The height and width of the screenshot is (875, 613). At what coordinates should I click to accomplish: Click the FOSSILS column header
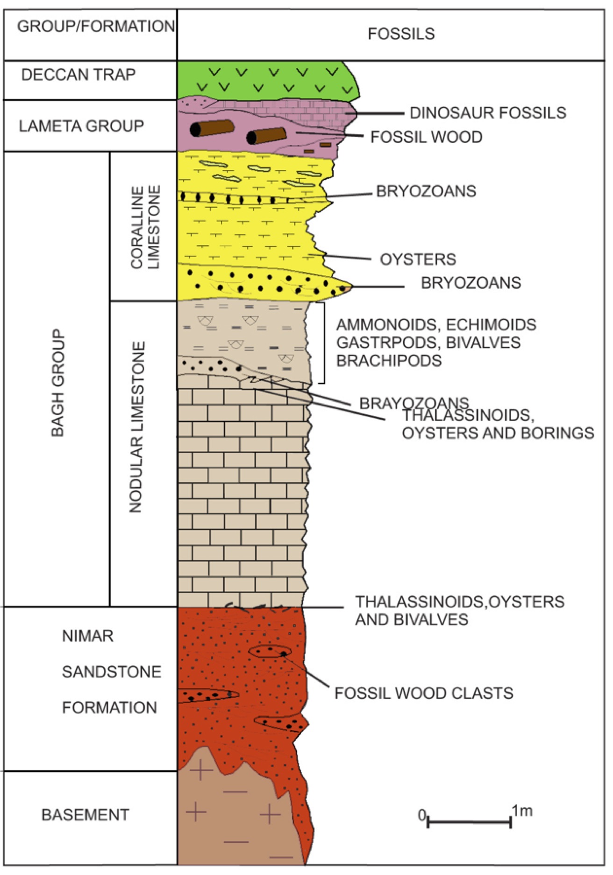[x=401, y=34]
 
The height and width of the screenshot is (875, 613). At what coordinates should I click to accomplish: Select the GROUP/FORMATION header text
[x=96, y=26]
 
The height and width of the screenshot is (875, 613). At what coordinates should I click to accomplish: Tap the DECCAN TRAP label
[x=78, y=75]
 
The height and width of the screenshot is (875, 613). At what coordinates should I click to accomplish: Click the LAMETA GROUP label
[x=81, y=126]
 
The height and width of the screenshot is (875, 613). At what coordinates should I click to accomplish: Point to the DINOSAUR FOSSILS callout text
[x=487, y=112]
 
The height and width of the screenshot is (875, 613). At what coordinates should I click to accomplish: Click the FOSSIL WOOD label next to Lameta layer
[x=426, y=137]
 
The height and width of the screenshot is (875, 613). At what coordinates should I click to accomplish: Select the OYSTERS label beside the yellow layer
[x=418, y=259]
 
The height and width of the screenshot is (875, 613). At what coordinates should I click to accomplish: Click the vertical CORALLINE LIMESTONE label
[x=145, y=227]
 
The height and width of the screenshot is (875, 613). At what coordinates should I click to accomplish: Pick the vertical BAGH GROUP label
[x=57, y=383]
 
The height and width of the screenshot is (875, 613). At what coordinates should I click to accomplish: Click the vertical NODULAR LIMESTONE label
[x=136, y=427]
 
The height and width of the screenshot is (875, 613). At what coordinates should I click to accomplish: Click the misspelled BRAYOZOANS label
[x=413, y=403]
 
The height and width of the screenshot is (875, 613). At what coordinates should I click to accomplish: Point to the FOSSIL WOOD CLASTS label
[x=424, y=693]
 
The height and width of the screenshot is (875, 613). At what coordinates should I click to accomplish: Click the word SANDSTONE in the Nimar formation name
[x=112, y=672]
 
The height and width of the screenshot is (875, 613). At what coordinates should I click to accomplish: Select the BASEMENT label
[x=85, y=814]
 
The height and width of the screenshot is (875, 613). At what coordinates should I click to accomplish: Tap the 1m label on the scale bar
[x=522, y=811]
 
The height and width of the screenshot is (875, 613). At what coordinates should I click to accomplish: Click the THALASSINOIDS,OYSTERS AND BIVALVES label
[x=459, y=610]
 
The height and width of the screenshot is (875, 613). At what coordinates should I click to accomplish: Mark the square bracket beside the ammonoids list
[x=323, y=343]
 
